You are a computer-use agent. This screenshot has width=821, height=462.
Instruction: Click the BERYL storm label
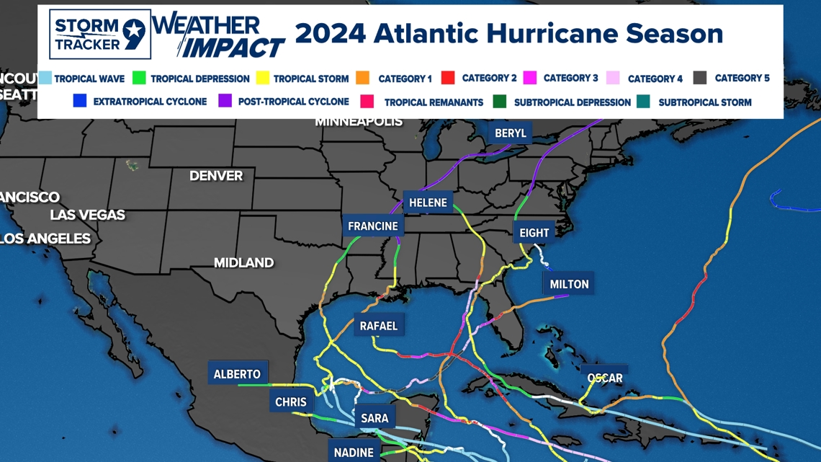coord(511,133)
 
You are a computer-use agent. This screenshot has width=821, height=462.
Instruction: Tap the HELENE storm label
coord(428,203)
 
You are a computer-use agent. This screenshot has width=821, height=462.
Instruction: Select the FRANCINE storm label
coord(372,226)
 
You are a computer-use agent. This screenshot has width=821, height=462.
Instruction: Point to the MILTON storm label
coord(569,284)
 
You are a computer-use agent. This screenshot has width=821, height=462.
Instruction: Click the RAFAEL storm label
coord(378,326)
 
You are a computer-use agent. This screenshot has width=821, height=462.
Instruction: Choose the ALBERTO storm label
coord(237,373)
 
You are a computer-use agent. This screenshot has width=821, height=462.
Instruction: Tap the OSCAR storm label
coord(604,378)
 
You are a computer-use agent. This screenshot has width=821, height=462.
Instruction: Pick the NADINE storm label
coord(354,452)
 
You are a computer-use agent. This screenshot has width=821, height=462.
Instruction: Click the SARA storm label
coord(374,417)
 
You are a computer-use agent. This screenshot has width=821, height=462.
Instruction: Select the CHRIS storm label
coord(290,401)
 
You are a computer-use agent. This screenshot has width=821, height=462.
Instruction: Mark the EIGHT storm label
coord(534,233)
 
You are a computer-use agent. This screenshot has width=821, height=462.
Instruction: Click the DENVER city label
coord(216,176)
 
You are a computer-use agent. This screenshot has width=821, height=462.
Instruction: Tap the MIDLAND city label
coord(243,262)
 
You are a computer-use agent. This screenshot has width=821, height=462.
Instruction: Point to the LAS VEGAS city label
coord(87,215)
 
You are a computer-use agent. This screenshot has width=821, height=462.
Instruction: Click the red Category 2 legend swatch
coord(447,78)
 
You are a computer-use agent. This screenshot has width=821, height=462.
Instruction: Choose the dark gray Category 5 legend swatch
coord(699,78)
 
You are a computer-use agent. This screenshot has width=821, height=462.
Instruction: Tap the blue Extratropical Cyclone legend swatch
coord(80,101)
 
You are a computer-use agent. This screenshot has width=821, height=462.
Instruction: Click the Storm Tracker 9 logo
coord(100,34)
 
